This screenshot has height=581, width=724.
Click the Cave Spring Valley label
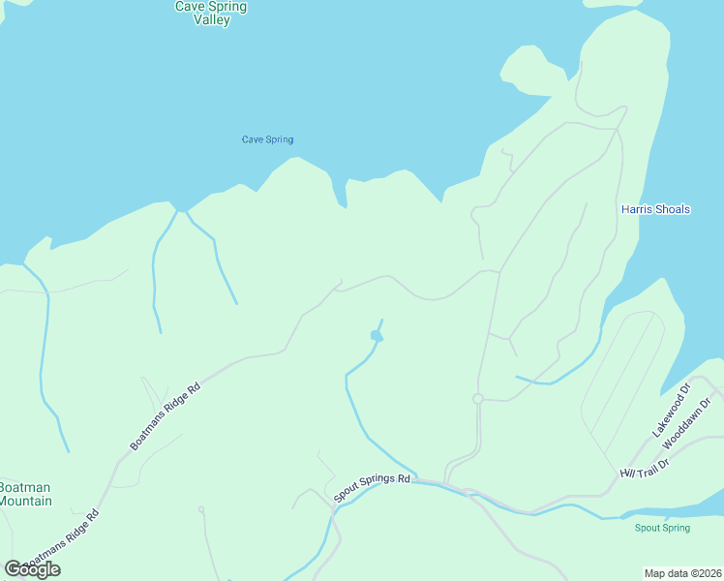211,13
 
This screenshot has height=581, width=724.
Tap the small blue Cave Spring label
267,139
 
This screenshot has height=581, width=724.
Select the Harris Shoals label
655,209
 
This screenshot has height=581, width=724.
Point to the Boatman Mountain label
25,494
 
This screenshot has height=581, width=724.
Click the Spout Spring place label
662,528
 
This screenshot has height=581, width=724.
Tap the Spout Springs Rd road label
373,488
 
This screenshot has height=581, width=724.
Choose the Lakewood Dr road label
671,410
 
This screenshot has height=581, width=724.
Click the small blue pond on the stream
377,336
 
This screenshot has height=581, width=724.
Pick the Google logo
32,569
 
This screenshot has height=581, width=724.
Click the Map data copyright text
683,572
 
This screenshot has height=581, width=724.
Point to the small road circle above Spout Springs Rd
477,399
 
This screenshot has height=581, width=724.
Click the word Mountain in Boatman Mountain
25,501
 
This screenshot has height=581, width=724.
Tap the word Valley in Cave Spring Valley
211,19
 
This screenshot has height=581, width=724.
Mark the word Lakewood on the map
668,413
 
